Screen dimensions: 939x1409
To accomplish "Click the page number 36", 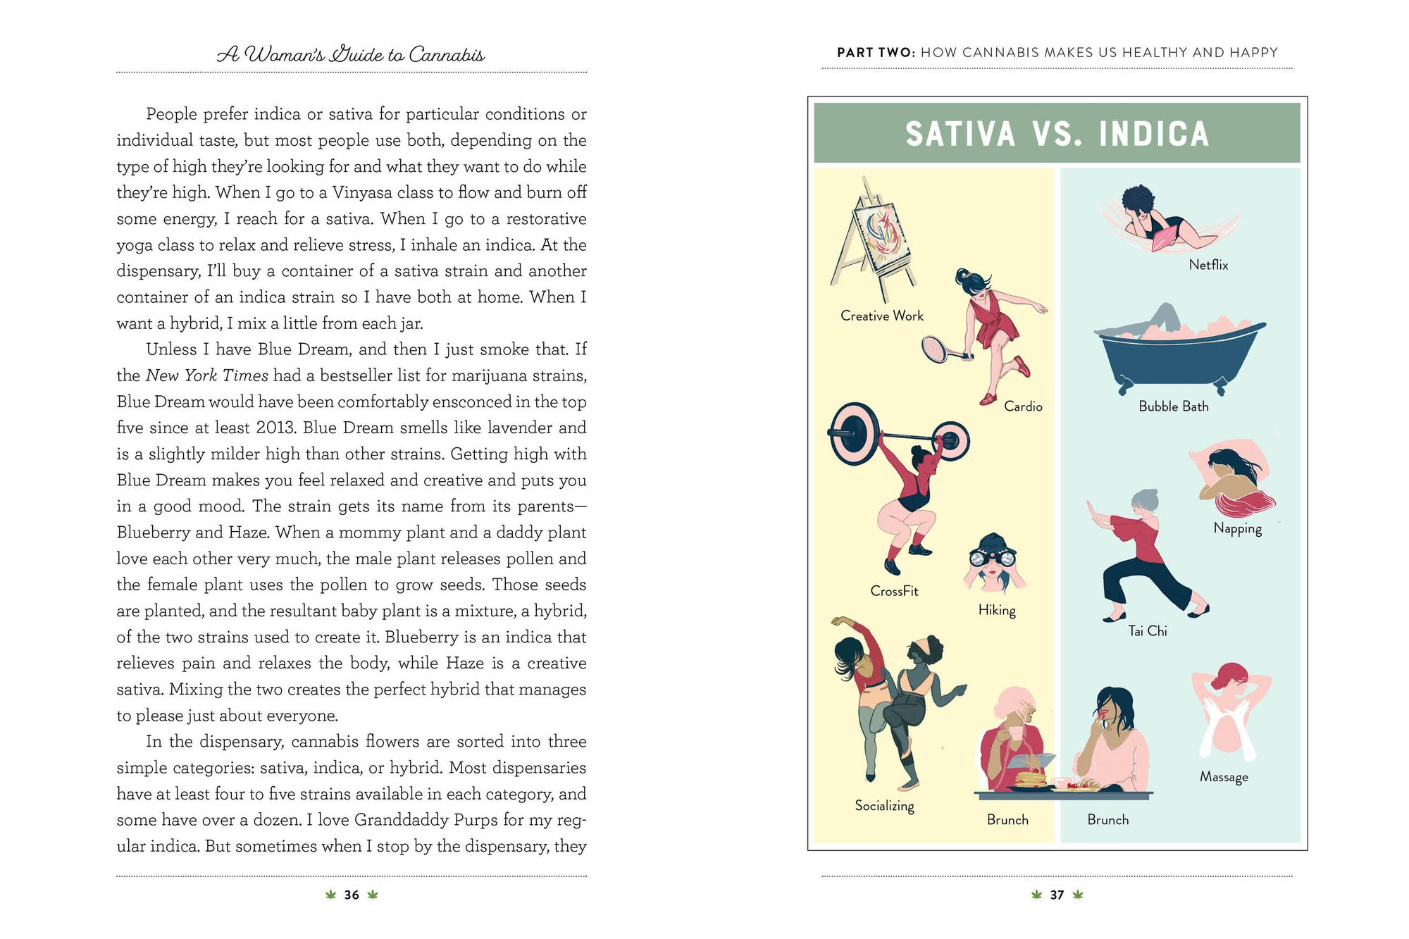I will (x=352, y=895).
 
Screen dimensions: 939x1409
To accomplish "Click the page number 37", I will (x=1057, y=895).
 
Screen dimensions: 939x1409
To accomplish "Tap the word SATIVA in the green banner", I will (x=960, y=134).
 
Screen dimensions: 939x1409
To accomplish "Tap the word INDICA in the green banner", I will (x=1154, y=134).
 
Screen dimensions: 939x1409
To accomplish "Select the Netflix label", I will (x=1208, y=265).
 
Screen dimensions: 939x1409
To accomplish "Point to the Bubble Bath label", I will (x=1174, y=406).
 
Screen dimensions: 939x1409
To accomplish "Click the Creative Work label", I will (x=881, y=316).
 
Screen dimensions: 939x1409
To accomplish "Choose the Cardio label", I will (x=1023, y=406).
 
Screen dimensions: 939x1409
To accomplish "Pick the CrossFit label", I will (x=894, y=591).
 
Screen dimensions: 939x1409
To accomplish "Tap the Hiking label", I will (x=997, y=610).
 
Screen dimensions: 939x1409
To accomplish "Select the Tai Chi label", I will (x=1148, y=631).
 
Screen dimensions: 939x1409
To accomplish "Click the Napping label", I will (x=1238, y=528).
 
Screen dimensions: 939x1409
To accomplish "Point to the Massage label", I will (x=1224, y=777).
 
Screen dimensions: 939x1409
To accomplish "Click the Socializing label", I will (x=884, y=806).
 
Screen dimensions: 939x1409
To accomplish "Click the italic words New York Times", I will (x=207, y=375).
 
